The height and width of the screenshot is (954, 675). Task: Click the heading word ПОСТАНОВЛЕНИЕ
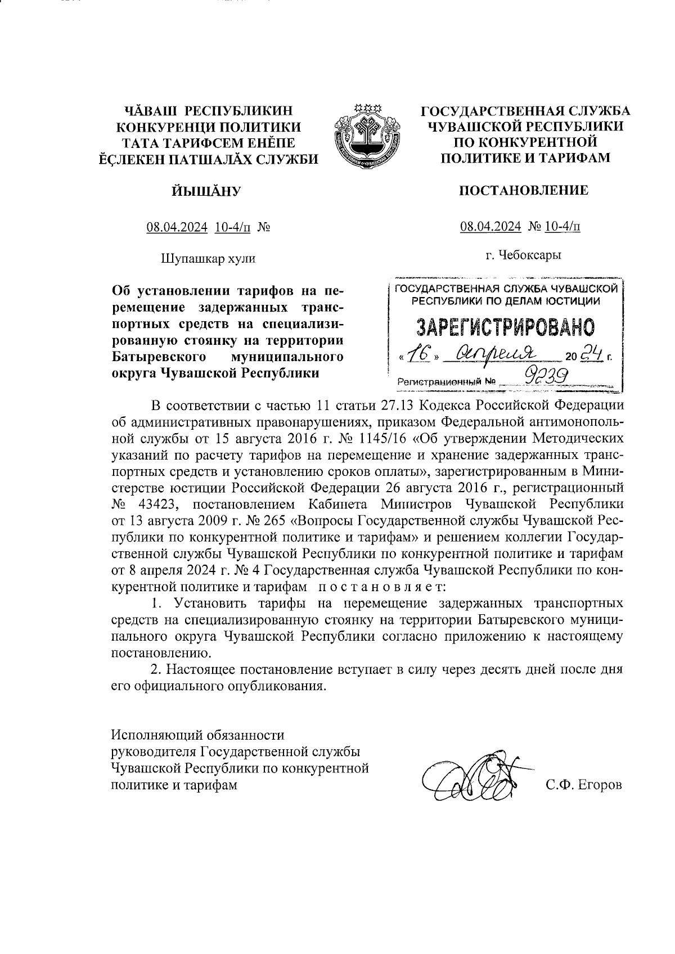[x=524, y=190]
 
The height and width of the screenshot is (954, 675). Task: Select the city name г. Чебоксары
[x=524, y=255]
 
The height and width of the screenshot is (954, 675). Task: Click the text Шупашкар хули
[x=208, y=259]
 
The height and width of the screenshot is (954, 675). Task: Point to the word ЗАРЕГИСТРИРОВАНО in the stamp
[x=505, y=327]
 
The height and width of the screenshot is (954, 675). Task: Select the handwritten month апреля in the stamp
[x=497, y=353]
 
